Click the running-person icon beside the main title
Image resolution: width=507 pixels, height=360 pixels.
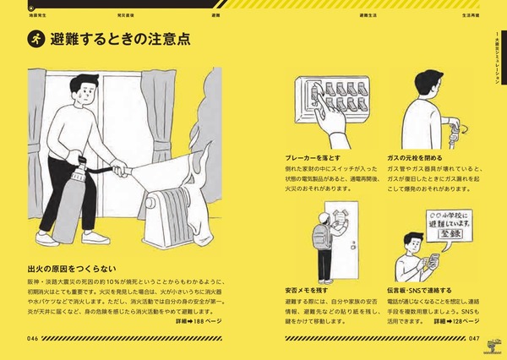(x=36, y=39)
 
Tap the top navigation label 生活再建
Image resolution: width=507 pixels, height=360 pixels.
(x=472, y=14)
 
